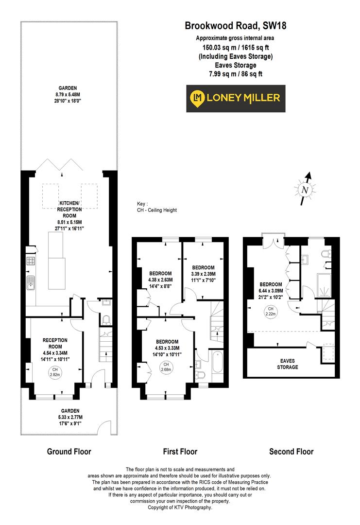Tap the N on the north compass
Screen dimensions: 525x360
tap(305, 190)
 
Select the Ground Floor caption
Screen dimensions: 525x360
tap(69, 452)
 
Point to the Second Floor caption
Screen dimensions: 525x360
tap(291, 452)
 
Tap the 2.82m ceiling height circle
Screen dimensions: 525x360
tap(54, 373)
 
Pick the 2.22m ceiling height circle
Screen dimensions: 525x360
tap(270, 311)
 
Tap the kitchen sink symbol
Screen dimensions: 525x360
tap(31, 282)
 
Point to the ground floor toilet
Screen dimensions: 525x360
tap(107, 320)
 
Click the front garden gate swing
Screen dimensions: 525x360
tap(103, 428)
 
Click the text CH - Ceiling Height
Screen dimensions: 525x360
tap(157, 210)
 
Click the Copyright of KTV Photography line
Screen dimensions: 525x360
tap(180, 507)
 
